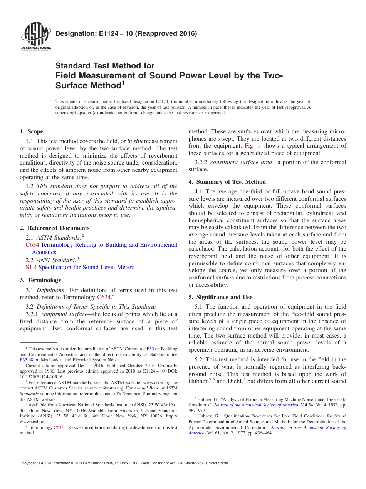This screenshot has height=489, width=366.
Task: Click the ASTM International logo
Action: pyautogui.click(x=35, y=38)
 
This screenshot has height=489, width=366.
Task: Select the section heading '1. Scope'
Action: pyautogui.click(x=32, y=131)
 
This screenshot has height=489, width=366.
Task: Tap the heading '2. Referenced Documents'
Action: pyautogui.click(x=55, y=228)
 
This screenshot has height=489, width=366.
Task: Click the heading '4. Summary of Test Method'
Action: pyautogui.click(x=227, y=182)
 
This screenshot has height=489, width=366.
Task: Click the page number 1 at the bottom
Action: pyautogui.click(x=183, y=473)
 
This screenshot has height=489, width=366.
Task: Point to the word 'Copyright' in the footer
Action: pyautogui.click(x=29, y=463)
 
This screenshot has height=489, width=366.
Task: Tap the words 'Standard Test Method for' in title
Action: pyautogui.click(x=105, y=66)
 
